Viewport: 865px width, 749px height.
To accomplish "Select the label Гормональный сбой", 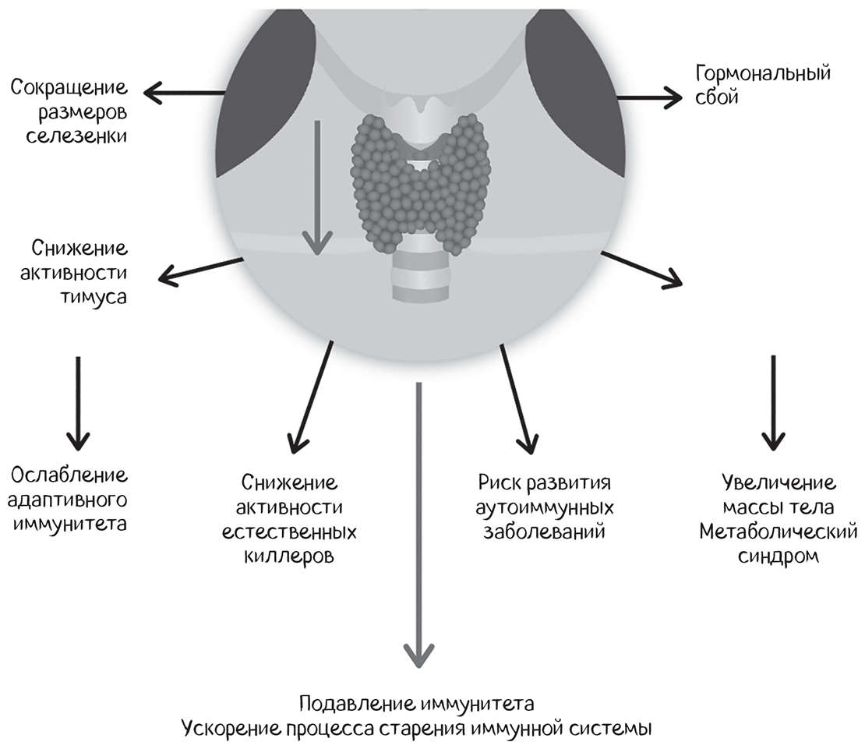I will pyautogui.click(x=762, y=86).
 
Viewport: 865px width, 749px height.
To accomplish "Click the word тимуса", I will pyautogui.click(x=97, y=297).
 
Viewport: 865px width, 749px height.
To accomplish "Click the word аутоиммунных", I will pyautogui.click(x=545, y=508).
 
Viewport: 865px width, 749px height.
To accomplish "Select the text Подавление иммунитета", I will pyautogui.click(x=416, y=705).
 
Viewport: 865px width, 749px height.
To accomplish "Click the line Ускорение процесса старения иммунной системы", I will pyautogui.click(x=416, y=730).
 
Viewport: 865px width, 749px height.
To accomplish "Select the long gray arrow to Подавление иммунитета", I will pyautogui.click(x=419, y=522).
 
